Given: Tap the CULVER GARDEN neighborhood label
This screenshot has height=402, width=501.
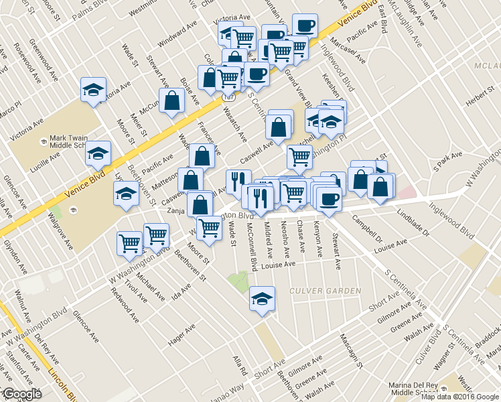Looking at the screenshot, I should (325, 291).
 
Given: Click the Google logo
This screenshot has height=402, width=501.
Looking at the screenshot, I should (22, 394).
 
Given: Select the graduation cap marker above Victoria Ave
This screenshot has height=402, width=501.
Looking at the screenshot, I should (94, 90).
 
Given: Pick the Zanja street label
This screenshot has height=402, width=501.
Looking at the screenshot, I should (175, 210).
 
